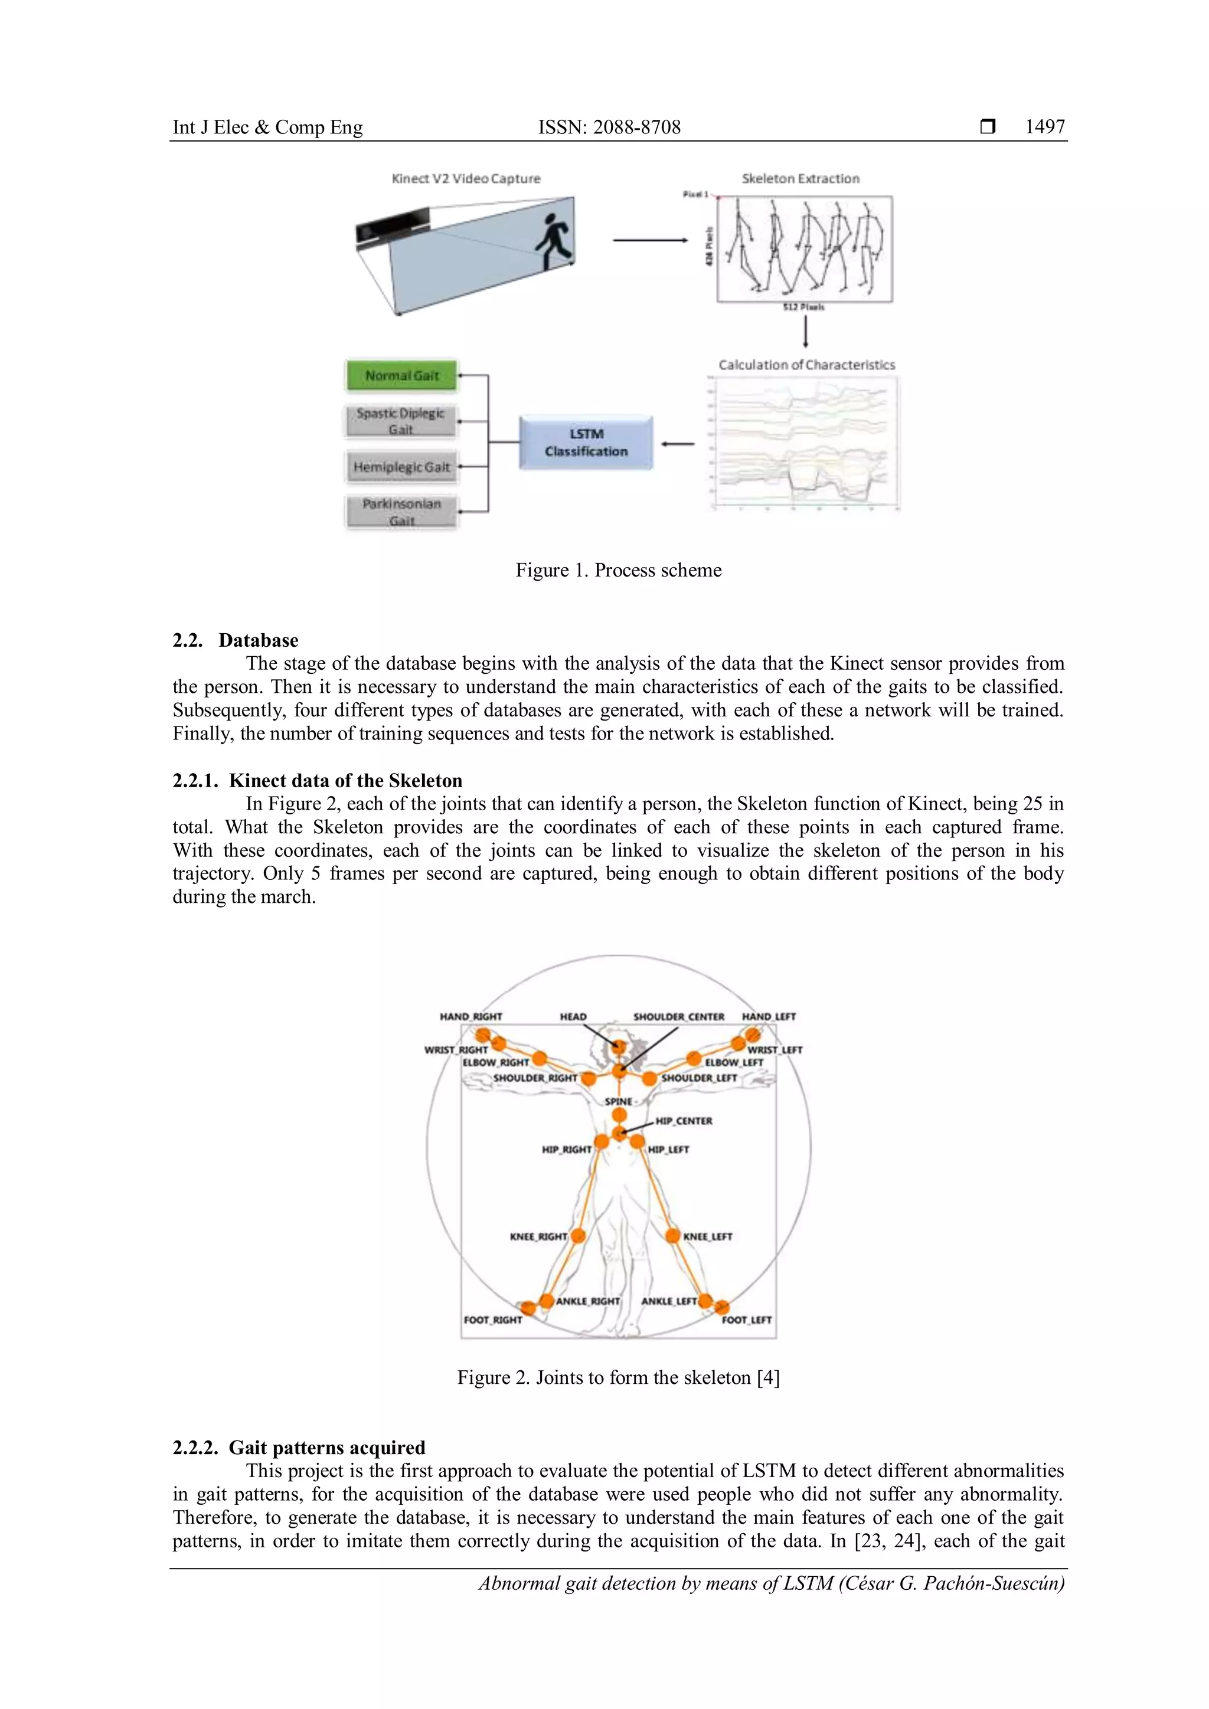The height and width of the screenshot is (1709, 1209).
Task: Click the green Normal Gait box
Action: pyautogui.click(x=401, y=375)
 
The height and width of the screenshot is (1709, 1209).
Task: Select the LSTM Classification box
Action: pyautogui.click(x=586, y=442)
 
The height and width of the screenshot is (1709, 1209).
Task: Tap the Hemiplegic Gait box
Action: pyautogui.click(x=401, y=467)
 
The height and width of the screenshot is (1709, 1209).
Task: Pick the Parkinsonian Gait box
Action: pyautogui.click(x=401, y=512)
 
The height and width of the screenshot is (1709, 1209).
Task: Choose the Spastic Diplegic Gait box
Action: pyautogui.click(x=400, y=421)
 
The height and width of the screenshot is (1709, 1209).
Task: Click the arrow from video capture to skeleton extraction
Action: pyautogui.click(x=649, y=240)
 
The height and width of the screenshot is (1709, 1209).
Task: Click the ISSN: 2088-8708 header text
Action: pyautogui.click(x=609, y=127)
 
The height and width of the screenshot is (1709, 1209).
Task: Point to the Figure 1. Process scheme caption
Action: pyautogui.click(x=618, y=570)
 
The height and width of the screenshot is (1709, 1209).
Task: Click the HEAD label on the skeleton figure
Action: pyautogui.click(x=573, y=1016)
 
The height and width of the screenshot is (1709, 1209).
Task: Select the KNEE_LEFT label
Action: pyautogui.click(x=708, y=1236)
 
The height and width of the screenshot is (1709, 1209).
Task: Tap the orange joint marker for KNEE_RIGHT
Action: pyautogui.click(x=578, y=1236)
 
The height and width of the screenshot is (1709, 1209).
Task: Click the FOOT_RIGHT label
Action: pyautogui.click(x=493, y=1320)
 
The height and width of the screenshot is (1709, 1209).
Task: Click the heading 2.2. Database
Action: pyautogui.click(x=236, y=640)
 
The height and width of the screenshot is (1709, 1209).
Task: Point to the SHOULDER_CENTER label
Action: pyautogui.click(x=678, y=1016)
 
